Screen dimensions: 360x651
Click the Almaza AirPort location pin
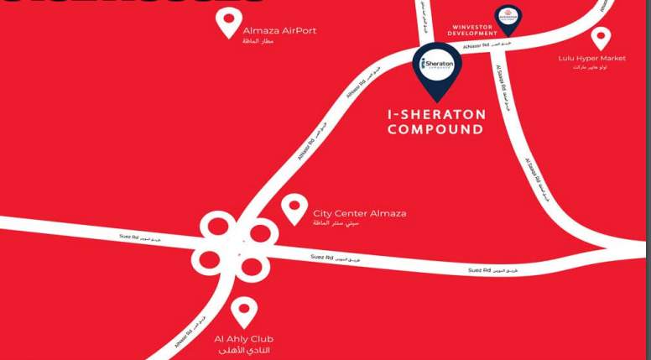pyautogui.click(x=228, y=22)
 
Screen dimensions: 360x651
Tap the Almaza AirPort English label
pyautogui.click(x=279, y=31)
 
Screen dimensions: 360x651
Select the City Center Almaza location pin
pyautogui.click(x=294, y=207)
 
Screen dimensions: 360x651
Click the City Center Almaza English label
pyautogui.click(x=359, y=213)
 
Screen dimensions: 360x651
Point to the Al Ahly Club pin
pyautogui.click(x=244, y=311)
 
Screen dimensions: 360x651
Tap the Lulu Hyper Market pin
pyautogui.click(x=601, y=37)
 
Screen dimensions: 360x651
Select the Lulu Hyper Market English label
pyautogui.click(x=592, y=58)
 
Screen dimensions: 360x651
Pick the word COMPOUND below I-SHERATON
pyautogui.click(x=435, y=130)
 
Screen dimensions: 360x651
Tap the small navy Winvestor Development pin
pyautogui.click(x=507, y=18)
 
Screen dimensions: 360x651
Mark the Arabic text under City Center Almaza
pyautogui.click(x=335, y=223)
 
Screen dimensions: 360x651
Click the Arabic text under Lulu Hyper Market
pyautogui.click(x=590, y=67)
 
